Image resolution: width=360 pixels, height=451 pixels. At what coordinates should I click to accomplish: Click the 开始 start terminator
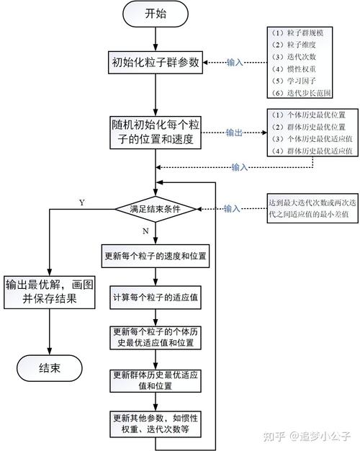pos(155,13)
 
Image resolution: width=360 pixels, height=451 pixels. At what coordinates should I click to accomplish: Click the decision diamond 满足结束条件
pos(156,209)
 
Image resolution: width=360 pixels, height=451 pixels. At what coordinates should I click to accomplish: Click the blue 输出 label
pos(235,133)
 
